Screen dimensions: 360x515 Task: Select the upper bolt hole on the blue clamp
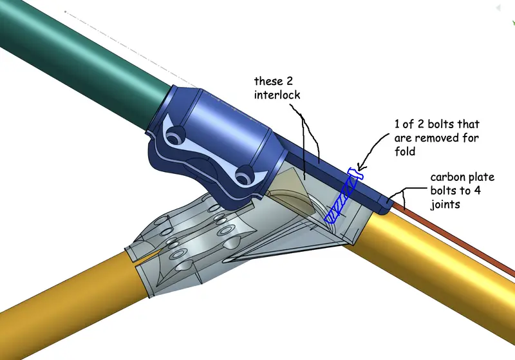tap(174, 136)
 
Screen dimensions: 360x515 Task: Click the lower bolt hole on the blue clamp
tap(245, 174)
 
